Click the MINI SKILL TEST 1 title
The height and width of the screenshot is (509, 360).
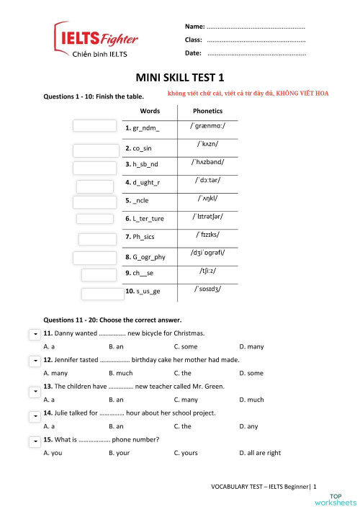180,77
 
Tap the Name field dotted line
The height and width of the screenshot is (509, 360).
256,26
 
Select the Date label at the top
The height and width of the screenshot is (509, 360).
193,53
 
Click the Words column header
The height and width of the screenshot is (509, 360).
150,111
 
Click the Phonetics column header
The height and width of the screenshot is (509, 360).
208,111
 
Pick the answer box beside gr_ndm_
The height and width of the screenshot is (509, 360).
94,126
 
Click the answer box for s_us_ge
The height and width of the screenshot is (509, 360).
102,294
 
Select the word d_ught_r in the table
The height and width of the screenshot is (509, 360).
144,182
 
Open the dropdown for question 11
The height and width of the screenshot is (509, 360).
34,335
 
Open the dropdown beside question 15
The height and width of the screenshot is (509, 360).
34,440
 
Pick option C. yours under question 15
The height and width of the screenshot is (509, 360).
186,453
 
